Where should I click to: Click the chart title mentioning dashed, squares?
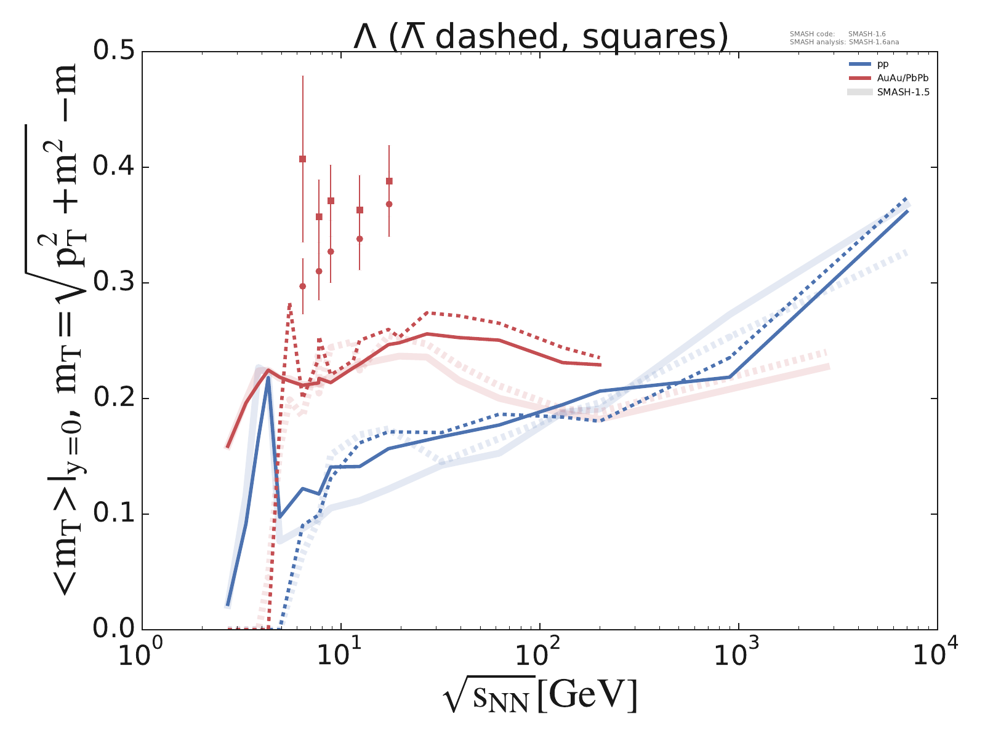[x=541, y=37]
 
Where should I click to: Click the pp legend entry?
[x=882, y=64]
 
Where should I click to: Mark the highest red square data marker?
[x=302, y=159]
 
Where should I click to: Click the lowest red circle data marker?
[x=302, y=286]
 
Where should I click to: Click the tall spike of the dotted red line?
[x=290, y=304]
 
